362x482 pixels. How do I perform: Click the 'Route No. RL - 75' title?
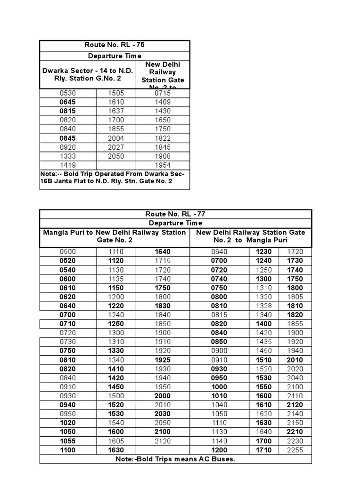tap(115, 46)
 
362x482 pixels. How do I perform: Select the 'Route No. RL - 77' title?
tap(175, 214)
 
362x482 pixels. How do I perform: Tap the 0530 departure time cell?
tap(68, 93)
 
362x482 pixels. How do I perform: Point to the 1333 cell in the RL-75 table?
tap(68, 156)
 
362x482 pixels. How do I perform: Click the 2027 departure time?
tap(116, 147)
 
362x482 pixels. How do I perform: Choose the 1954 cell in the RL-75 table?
tap(163, 165)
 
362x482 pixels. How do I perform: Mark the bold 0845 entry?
tap(68, 138)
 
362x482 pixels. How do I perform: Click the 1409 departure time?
tap(163, 102)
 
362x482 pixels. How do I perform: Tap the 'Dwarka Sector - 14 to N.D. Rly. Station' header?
tap(88, 74)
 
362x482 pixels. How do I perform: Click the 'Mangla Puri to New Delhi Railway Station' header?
tap(115, 236)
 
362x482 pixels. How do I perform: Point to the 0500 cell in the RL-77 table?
tap(68, 252)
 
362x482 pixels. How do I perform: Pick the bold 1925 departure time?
tap(163, 360)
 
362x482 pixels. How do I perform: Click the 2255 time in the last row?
tap(296, 450)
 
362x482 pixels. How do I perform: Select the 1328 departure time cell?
tap(264, 306)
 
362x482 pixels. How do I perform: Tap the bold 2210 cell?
tap(296, 432)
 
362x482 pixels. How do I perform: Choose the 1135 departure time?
tap(116, 279)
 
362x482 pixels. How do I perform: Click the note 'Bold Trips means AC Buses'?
tap(175, 459)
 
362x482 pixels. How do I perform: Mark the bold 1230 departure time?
tap(264, 252)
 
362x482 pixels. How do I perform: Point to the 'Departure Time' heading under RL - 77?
tap(175, 223)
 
